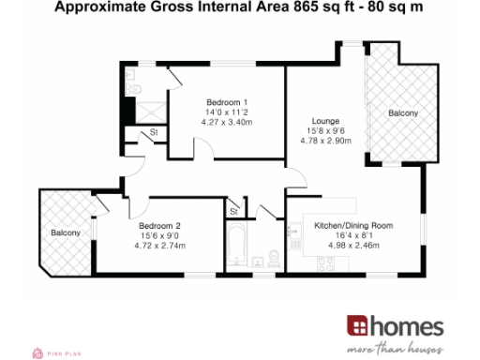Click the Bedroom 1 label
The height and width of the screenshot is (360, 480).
coord(226,102)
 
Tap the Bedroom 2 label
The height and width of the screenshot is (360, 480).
coord(159,225)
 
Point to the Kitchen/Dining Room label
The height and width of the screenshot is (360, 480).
coord(352,226)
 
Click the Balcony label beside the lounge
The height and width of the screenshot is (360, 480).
coord(403,113)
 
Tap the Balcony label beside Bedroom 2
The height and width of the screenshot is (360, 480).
coord(66,232)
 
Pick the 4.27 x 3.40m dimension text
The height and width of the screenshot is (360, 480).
coord(226,123)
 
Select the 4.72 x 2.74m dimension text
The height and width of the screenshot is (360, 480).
coord(159,246)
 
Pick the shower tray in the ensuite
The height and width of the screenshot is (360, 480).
coord(142,110)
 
